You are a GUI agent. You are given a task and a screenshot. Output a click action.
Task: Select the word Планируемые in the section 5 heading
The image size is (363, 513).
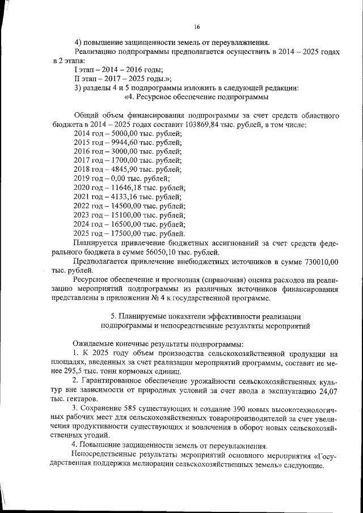[140, 315]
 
